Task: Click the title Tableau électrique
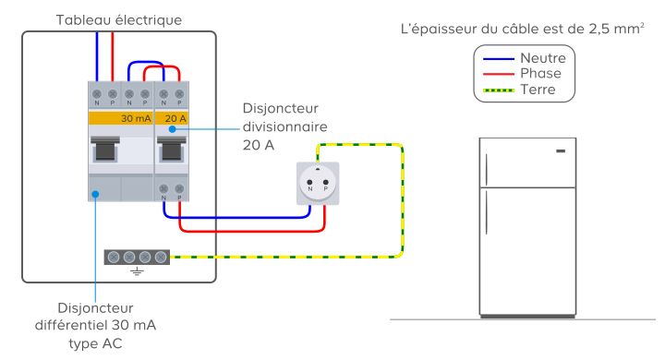pyautogui.click(x=119, y=20)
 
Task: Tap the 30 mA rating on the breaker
pyautogui.click(x=136, y=118)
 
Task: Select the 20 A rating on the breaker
pyautogui.click(x=175, y=118)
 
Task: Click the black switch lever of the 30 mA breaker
pyautogui.click(x=105, y=149)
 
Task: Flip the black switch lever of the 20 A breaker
pyautogui.click(x=172, y=149)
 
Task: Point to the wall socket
pyautogui.click(x=318, y=184)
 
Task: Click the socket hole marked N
pyautogui.click(x=309, y=183)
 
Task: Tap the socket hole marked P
pyautogui.click(x=326, y=183)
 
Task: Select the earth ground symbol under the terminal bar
pyautogui.click(x=137, y=271)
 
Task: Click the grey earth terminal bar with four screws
pyautogui.click(x=137, y=257)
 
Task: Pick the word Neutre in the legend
pyautogui.click(x=543, y=57)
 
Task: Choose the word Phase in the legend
pyautogui.click(x=540, y=73)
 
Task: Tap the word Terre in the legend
pyautogui.click(x=538, y=90)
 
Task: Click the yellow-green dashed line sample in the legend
pyautogui.click(x=499, y=90)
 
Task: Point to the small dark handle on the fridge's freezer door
pyautogui.click(x=561, y=151)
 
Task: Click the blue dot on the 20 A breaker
pyautogui.click(x=172, y=129)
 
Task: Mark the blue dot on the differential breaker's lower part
pyautogui.click(x=95, y=194)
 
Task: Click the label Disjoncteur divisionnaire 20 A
pyautogui.click(x=285, y=126)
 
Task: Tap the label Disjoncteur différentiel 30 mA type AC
pyautogui.click(x=95, y=325)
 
